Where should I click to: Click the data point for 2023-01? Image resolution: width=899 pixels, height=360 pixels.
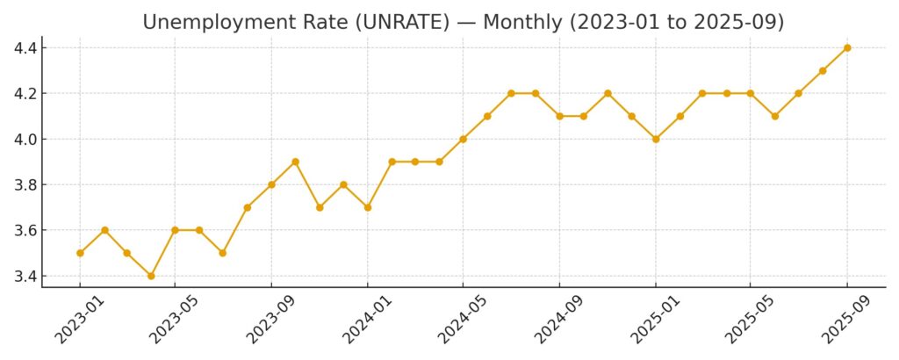pos(80,253)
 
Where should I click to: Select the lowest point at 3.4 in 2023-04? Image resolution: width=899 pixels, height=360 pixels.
pos(151,276)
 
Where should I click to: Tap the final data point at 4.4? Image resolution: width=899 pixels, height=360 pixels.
pos(847,47)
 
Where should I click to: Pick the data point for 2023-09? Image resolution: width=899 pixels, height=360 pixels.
pos(271,184)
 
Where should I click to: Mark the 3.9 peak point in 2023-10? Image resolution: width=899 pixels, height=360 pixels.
pos(295,162)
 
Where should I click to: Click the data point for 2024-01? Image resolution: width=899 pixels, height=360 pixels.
pos(368,207)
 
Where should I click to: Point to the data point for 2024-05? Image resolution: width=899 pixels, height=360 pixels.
pos(463,139)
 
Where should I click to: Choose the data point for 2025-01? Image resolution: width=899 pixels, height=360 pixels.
pos(656,139)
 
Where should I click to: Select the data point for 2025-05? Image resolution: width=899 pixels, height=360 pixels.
pos(751,93)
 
